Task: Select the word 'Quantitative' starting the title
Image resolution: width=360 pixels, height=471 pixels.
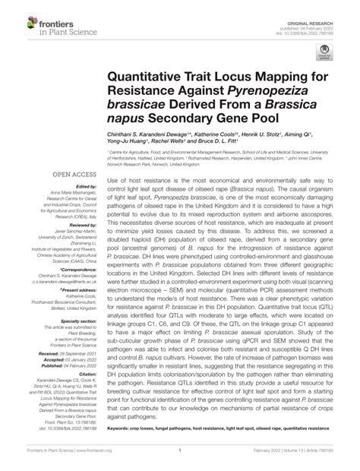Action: pyautogui.click(x=150, y=79)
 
